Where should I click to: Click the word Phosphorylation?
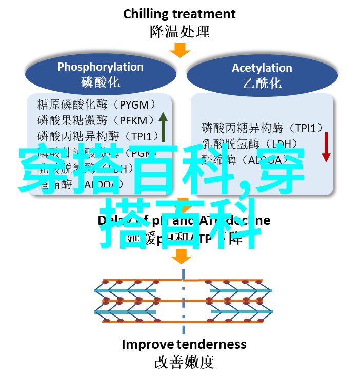coord(101,67)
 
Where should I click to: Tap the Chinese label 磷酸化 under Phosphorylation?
coord(101,82)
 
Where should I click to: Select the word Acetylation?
coord(262,68)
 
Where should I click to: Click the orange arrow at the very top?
coord(180,50)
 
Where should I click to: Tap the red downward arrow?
coord(326,146)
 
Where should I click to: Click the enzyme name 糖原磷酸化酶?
coord(72,105)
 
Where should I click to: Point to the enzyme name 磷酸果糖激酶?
coord(72,121)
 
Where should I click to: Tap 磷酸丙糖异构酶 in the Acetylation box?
coord(236,128)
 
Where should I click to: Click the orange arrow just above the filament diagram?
coord(181,256)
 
